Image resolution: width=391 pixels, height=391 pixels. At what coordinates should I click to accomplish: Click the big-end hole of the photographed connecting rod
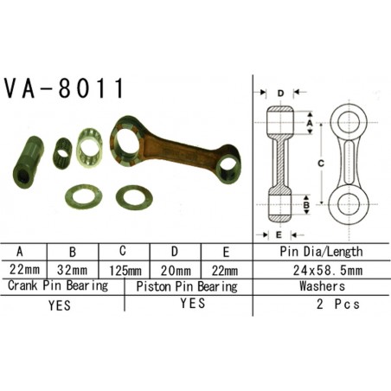(x=131, y=138)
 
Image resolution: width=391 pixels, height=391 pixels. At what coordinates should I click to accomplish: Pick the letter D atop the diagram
(x=282, y=92)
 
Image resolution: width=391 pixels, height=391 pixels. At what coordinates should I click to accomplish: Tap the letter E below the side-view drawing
(x=279, y=234)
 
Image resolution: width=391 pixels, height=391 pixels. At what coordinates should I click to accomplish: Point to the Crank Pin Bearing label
(x=58, y=285)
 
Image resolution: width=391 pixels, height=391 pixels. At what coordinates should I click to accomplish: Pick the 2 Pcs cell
(x=334, y=304)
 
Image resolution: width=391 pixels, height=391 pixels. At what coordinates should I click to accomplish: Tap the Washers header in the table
(x=322, y=285)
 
